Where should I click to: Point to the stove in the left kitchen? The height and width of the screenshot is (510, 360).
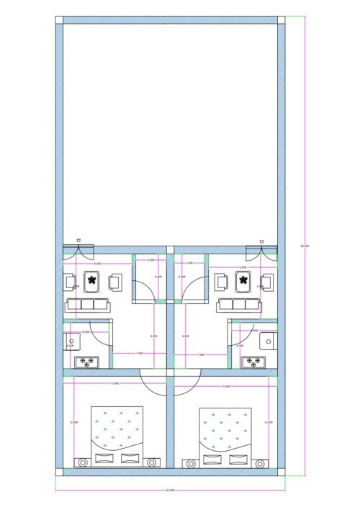pyautogui.click(x=87, y=361)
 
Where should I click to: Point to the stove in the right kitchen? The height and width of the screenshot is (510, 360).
pyautogui.click(x=253, y=361)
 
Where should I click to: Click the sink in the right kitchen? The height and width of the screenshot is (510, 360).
pyautogui.click(x=267, y=341)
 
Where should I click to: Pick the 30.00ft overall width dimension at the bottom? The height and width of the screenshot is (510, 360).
pyautogui.click(x=170, y=490)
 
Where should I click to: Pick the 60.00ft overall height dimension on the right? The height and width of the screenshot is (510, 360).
pyautogui.click(x=305, y=246)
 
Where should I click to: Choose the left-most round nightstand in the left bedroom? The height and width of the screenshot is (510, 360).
pyautogui.click(x=81, y=461)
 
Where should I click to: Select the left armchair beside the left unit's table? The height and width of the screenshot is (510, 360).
pyautogui.click(x=71, y=281)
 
